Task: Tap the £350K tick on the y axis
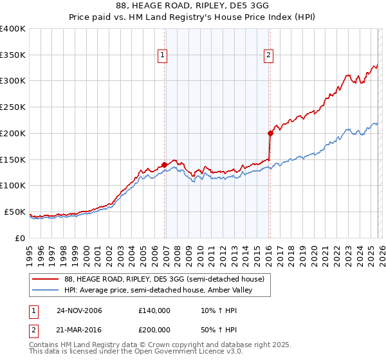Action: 13,55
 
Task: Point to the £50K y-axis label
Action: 15,212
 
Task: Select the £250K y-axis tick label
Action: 13,107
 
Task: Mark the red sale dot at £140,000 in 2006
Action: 165,164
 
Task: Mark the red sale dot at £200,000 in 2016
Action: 270,133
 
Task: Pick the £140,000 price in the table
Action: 154,310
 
